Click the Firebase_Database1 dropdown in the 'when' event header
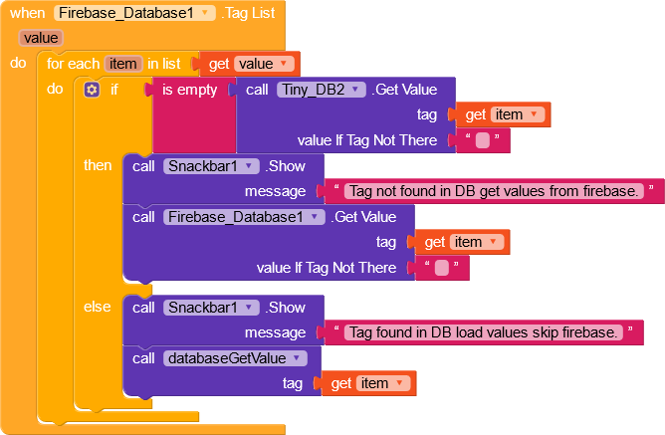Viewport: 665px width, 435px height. click(135, 13)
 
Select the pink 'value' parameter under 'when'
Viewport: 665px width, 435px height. click(41, 38)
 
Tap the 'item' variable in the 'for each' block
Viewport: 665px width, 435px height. click(123, 63)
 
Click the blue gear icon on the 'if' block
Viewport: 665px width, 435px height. click(93, 90)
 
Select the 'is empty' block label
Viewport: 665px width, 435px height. click(189, 90)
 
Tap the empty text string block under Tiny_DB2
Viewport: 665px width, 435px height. click(483, 140)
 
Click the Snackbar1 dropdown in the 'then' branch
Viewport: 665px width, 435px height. click(211, 165)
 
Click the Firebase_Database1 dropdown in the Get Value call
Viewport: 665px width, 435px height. click(245, 217)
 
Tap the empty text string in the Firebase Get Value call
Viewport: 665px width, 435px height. click(442, 268)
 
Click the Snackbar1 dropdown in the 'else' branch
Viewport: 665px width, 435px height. click(211, 307)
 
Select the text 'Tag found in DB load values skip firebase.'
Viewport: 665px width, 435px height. click(484, 332)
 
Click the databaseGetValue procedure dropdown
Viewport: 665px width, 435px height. click(235, 357)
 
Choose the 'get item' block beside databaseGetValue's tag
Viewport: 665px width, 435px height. click(367, 383)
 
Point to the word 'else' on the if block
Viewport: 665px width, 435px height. click(98, 307)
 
